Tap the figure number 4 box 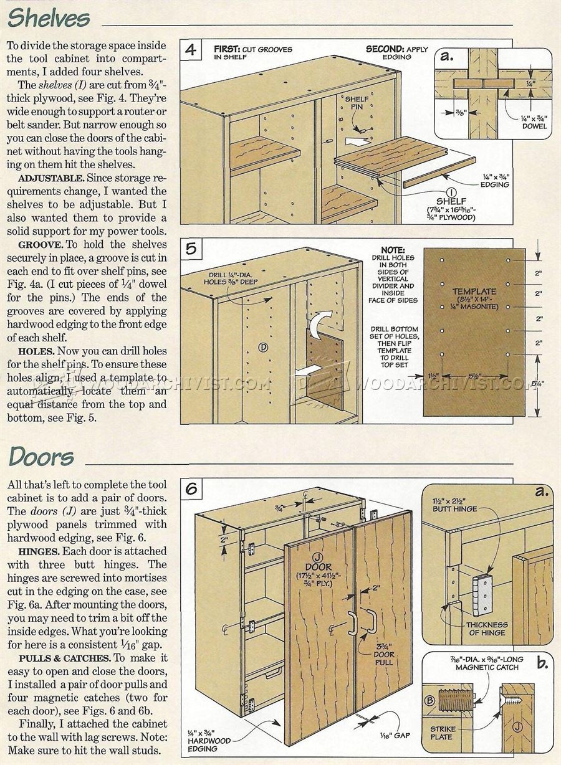[191, 50]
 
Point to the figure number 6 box [191, 489]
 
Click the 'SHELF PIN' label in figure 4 [356, 103]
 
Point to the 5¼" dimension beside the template [538, 384]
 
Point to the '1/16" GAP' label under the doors [394, 736]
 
